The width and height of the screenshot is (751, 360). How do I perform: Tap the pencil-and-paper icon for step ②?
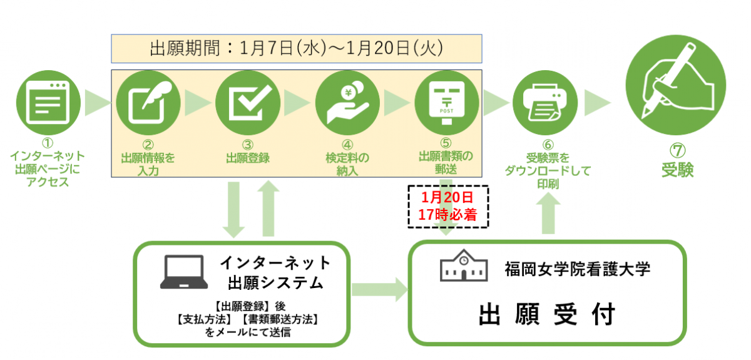[148, 101]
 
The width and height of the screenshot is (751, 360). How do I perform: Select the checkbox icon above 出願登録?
[247, 101]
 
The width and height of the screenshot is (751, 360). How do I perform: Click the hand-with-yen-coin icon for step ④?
[347, 101]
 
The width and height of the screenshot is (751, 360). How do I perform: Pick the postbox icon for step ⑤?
[447, 101]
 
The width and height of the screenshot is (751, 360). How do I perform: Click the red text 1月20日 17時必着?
[447, 206]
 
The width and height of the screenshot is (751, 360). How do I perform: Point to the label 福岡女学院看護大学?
[578, 269]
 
